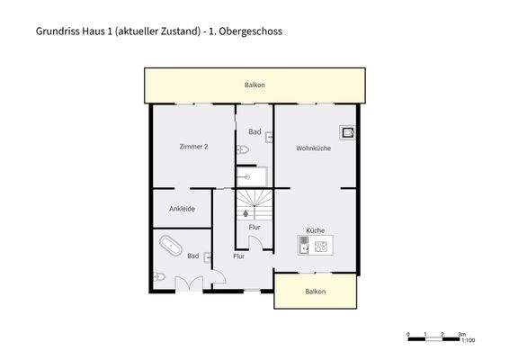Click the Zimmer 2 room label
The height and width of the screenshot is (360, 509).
tap(193, 147)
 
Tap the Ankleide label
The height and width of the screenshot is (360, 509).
tap(182, 209)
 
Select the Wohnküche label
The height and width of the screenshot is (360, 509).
tap(313, 148)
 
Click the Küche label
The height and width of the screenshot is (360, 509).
tap(315, 230)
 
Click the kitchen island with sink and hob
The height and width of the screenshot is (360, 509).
tap(315, 245)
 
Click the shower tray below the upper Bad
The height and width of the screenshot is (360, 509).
tap(253, 176)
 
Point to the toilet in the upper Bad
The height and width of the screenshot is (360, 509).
tap(243, 149)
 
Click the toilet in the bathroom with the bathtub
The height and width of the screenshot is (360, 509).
tap(159, 276)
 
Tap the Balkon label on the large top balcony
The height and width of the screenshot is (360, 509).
tap(254, 85)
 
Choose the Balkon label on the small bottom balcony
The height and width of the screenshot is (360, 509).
tap(315, 292)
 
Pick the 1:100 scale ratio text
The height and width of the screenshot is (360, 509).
tap(467, 341)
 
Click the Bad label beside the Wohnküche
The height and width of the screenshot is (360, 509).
tap(254, 132)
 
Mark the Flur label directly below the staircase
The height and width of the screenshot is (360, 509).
tap(254, 227)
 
